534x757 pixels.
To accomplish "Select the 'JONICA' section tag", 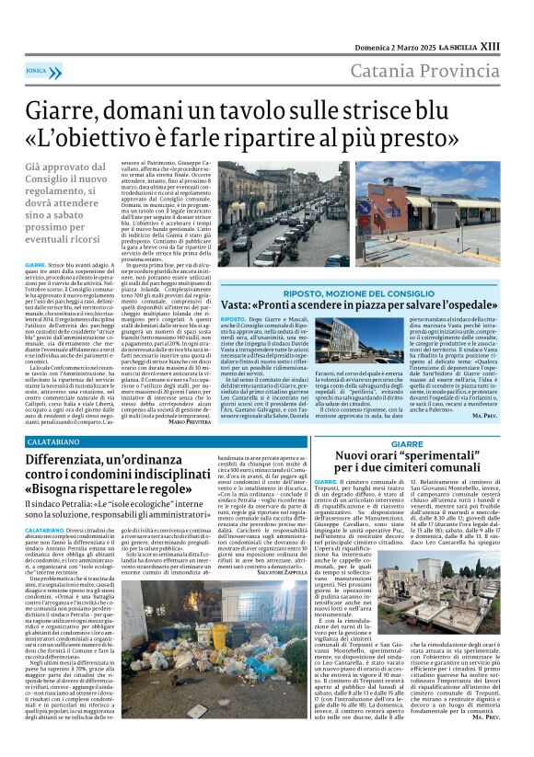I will click(38, 69).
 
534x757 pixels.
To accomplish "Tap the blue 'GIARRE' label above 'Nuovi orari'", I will click(406, 443).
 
